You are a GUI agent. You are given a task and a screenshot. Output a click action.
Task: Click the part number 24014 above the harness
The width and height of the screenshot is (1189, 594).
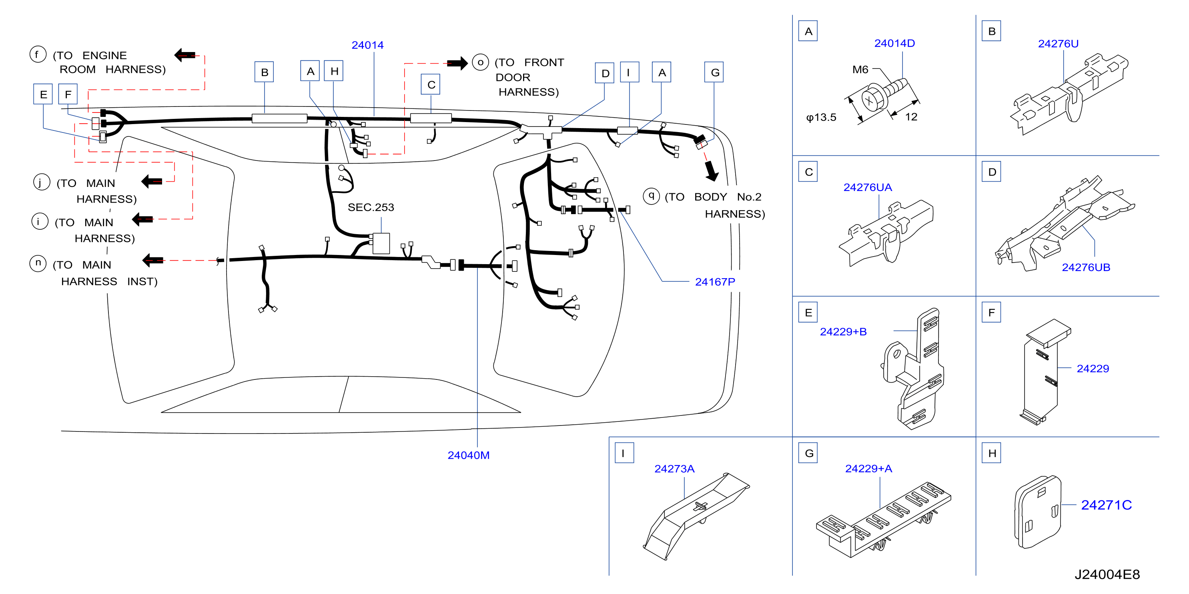click(x=367, y=45)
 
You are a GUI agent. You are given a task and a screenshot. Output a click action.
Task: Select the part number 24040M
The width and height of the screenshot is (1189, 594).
click(x=469, y=455)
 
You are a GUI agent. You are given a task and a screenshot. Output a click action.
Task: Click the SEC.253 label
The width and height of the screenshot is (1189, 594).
click(x=371, y=207)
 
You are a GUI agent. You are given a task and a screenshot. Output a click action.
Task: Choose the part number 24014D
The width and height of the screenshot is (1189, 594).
click(x=894, y=43)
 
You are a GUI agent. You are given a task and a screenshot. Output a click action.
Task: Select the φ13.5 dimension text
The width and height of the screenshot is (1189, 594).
click(x=821, y=117)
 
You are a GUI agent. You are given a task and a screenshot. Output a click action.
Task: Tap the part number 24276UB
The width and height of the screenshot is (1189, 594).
click(x=1086, y=267)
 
